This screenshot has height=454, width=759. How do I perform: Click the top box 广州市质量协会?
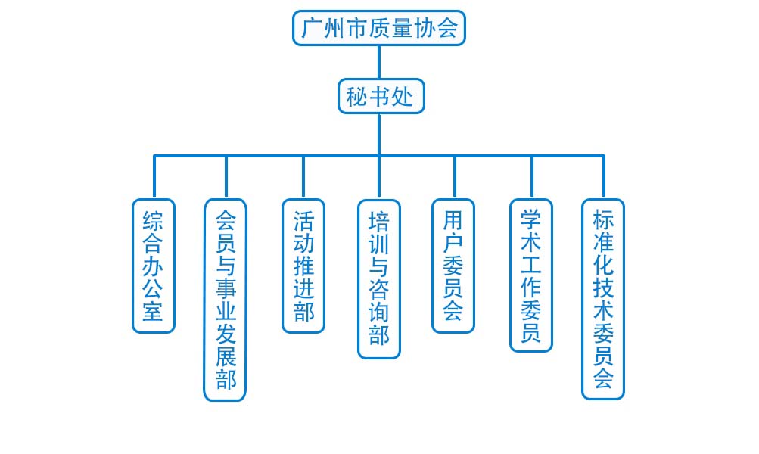coord(379,28)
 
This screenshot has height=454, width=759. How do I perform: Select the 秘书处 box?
coord(381,96)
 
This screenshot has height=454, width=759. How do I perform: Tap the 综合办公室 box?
coord(154,266)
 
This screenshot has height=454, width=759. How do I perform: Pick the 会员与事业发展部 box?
coord(225,300)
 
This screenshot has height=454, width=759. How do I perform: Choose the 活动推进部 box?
coord(303,266)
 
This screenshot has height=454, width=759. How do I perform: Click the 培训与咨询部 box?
coord(379,278)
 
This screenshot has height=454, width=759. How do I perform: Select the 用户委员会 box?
coord(453,266)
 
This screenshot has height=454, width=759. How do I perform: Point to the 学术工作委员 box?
coord(531,275)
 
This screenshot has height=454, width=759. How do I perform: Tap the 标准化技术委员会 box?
coord(603,299)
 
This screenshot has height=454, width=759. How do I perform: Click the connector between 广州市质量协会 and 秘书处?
coord(379,62)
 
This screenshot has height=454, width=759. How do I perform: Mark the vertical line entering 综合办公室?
coord(154,176)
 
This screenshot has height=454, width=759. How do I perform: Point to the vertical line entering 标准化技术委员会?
coord(604,176)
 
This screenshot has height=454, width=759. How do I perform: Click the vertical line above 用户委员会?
coord(455,178)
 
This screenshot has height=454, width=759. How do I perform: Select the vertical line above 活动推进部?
coord(303,178)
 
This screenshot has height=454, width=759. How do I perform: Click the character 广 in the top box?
coord(311,28)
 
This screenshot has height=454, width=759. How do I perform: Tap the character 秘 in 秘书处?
coord(356,96)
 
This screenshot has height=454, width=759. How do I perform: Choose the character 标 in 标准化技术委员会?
coord(603,219)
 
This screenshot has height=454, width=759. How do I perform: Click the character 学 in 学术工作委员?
coord(531,219)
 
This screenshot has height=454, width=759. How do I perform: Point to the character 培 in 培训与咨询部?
coord(379,221)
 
